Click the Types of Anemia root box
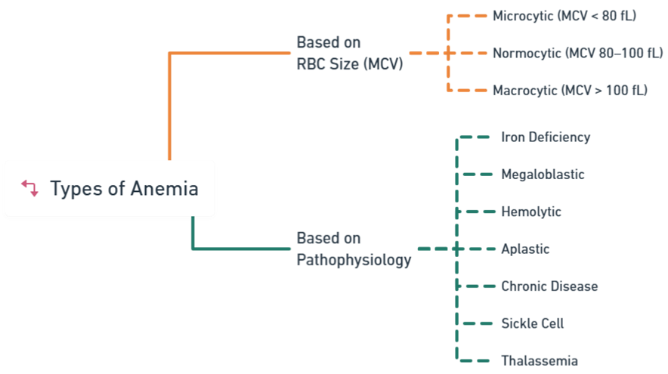coord(110,188)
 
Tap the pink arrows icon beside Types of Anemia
coord(30,188)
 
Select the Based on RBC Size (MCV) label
coord(350,53)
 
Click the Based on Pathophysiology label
coord(354,249)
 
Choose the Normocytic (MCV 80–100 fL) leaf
coord(572,53)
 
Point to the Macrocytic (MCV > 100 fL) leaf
coord(570,90)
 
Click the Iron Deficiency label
coord(546,137)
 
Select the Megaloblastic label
coord(543,175)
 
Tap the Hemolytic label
coord(531,212)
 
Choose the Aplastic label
coord(525,249)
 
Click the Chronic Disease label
coord(549,286)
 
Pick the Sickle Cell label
coord(533,323)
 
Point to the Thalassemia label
coord(540,360)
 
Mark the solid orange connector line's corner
coord(169,54)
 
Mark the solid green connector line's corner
coord(193,249)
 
